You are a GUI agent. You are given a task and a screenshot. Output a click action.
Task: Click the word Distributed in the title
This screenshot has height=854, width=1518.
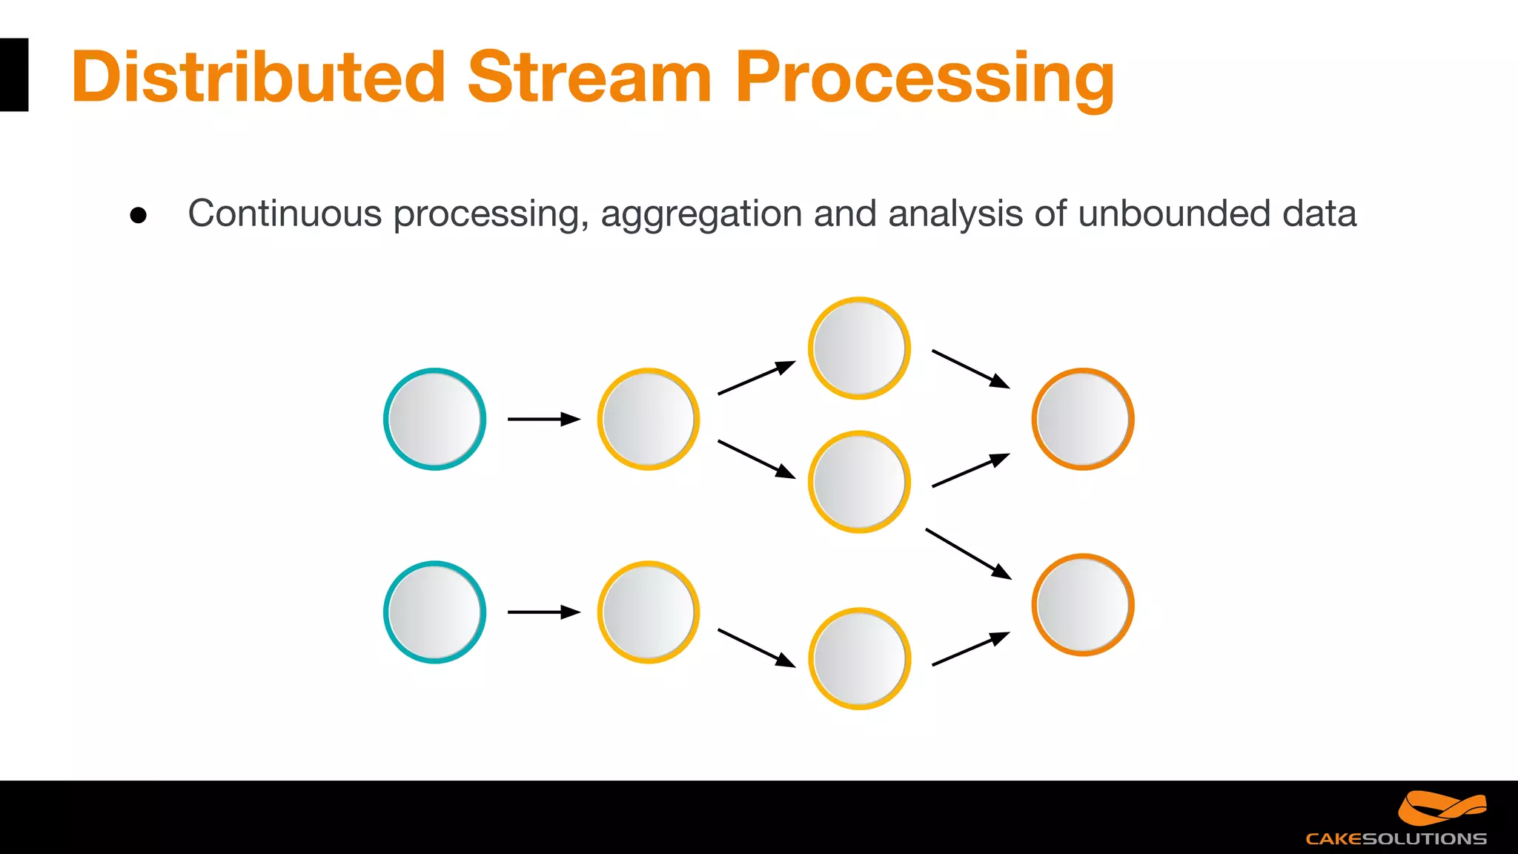coord(257,77)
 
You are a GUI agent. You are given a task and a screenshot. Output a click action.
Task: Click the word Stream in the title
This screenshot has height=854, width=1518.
coord(589,77)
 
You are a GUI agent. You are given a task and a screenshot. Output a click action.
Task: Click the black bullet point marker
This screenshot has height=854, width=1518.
coord(138,215)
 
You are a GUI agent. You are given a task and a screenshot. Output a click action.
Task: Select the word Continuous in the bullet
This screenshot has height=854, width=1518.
coord(285,213)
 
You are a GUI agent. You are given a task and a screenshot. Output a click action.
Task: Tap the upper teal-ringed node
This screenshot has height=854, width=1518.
coord(434,419)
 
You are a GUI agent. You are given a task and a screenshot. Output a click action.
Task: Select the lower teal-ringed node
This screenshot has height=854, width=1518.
coord(434,612)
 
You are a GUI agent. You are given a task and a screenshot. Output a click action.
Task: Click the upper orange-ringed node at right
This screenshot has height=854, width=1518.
coord(1082,419)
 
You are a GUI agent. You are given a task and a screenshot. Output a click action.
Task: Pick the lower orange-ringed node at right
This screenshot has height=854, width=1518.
coord(1082,604)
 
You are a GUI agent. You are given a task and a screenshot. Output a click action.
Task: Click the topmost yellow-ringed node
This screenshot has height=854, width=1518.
coord(859,348)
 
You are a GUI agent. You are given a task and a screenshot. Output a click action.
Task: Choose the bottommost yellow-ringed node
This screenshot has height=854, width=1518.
coord(859,658)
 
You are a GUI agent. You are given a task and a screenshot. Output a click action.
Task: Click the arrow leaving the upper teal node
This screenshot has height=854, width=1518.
coord(543,419)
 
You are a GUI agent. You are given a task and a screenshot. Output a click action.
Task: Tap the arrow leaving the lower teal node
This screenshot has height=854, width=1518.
coord(543,612)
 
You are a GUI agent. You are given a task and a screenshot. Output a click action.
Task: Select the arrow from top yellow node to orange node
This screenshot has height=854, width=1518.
coord(970,368)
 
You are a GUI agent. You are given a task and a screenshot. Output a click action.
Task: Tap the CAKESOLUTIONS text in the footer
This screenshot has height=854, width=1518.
coord(1396,839)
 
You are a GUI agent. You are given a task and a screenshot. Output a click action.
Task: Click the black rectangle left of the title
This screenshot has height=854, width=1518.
coord(13,75)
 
